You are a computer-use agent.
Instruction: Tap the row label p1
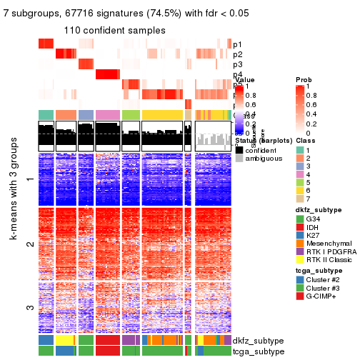click(x=237, y=44)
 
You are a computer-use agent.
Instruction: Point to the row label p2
click(x=237, y=54)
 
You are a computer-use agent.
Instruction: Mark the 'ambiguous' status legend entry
click(x=262, y=159)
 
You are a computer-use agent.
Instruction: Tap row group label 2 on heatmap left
click(x=29, y=244)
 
